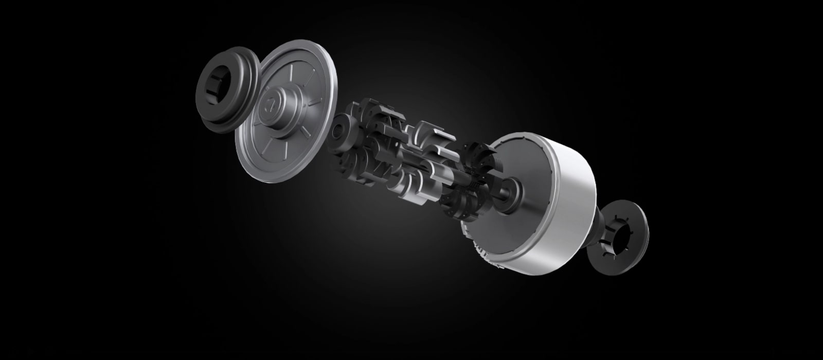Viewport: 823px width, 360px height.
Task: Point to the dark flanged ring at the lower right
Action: point(623,232)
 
